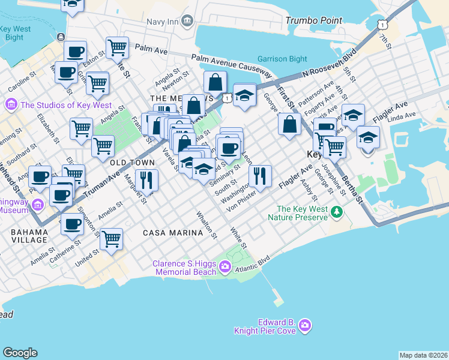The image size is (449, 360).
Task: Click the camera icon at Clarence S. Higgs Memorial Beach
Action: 225,266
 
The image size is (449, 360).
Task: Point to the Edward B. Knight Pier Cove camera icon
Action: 306,325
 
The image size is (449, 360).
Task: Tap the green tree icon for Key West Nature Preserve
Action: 337,211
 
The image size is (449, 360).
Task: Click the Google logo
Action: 20,353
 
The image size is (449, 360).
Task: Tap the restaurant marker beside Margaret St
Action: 146,179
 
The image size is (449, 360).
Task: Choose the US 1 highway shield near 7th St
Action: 382,23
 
